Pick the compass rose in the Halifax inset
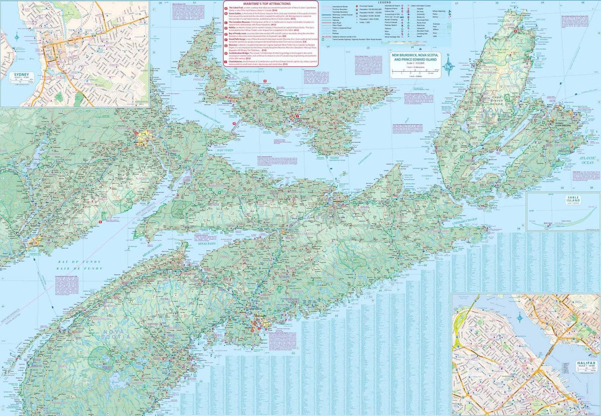pos(519,317)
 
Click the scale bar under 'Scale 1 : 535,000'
pos(416,73)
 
